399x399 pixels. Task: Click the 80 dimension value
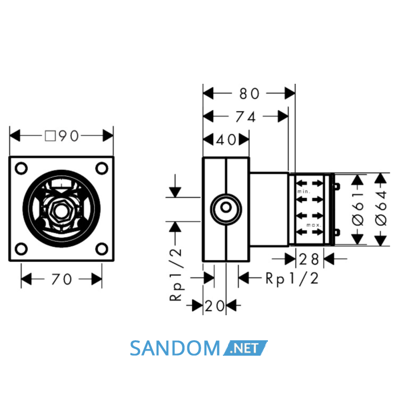pos(249,93)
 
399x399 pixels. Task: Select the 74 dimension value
pos(245,117)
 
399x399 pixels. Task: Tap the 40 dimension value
pos(226,140)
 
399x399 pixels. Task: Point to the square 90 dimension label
pos(62,136)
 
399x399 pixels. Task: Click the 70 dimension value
pos(62,279)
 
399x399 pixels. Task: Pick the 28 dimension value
pos(309,259)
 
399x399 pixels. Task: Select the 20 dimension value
pos(215,306)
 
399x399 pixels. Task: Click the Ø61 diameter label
pos(359,209)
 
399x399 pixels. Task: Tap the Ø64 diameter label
pos(381,209)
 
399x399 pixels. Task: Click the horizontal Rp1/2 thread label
pos(292,279)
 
